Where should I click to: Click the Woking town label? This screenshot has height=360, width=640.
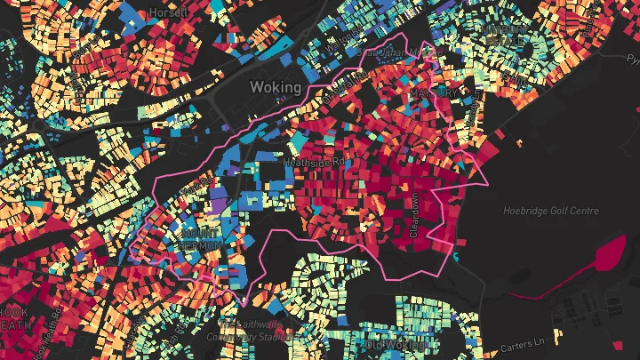[276, 87]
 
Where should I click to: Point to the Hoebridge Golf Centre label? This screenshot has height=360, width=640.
[551, 211]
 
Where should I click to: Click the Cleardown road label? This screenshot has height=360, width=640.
[413, 216]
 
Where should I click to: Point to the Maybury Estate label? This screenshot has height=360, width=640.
[504, 36]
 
